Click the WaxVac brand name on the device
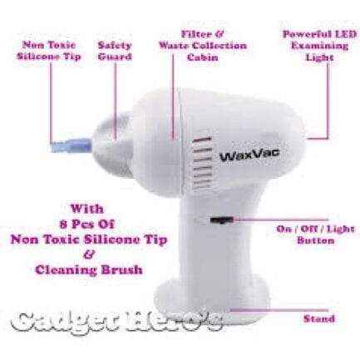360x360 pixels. click(x=249, y=155)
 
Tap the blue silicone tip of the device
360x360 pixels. click(x=72, y=145)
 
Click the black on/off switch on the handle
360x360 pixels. click(x=222, y=220)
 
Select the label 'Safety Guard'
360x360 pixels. click(x=115, y=51)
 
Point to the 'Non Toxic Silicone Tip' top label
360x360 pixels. click(x=49, y=51)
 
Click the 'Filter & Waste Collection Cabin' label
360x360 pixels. click(x=203, y=46)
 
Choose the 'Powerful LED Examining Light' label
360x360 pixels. click(x=319, y=46)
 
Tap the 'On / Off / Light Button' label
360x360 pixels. click(x=316, y=234)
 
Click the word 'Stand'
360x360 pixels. click(x=319, y=318)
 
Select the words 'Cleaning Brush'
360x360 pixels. click(x=89, y=269)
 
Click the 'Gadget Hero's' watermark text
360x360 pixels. click(x=117, y=321)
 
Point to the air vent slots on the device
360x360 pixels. click(x=202, y=164)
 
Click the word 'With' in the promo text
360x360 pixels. click(x=87, y=209)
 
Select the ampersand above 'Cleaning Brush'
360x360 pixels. click(x=88, y=255)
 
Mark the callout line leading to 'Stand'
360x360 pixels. click(x=279, y=310)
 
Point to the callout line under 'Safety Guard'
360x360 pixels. click(x=116, y=101)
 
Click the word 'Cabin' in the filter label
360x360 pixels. click(x=203, y=57)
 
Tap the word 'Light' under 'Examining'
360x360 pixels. click(x=319, y=57)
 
